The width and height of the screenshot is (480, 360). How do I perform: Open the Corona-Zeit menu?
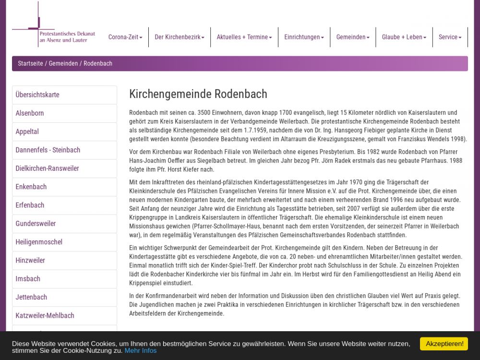[x=125, y=37]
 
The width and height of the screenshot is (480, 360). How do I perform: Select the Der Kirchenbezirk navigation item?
[x=179, y=37]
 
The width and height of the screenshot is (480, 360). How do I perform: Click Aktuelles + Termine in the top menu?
[x=244, y=37]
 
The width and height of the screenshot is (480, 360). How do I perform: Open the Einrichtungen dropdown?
[x=304, y=37]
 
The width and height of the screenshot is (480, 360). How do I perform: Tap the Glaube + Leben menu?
[x=404, y=37]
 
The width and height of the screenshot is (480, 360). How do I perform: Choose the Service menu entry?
[x=450, y=37]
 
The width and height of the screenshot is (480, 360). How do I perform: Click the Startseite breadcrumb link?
[x=30, y=63]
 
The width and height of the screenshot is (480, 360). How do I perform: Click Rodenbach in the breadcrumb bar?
[x=98, y=63]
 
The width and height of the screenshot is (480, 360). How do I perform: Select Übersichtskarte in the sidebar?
[x=37, y=95]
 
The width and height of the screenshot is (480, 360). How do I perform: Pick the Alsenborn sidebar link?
[x=30, y=113]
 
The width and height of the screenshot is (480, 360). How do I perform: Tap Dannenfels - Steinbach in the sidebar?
[x=48, y=150]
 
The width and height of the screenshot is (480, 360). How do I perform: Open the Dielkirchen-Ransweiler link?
[x=47, y=168]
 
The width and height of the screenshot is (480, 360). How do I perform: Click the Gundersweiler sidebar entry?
[x=36, y=224]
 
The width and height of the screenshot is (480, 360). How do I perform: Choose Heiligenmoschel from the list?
[x=39, y=242]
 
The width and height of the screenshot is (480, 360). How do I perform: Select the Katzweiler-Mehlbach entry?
[x=45, y=315]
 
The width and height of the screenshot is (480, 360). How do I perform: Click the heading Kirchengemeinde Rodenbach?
[x=198, y=94]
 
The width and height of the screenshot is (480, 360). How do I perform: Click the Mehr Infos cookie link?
[x=141, y=350]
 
